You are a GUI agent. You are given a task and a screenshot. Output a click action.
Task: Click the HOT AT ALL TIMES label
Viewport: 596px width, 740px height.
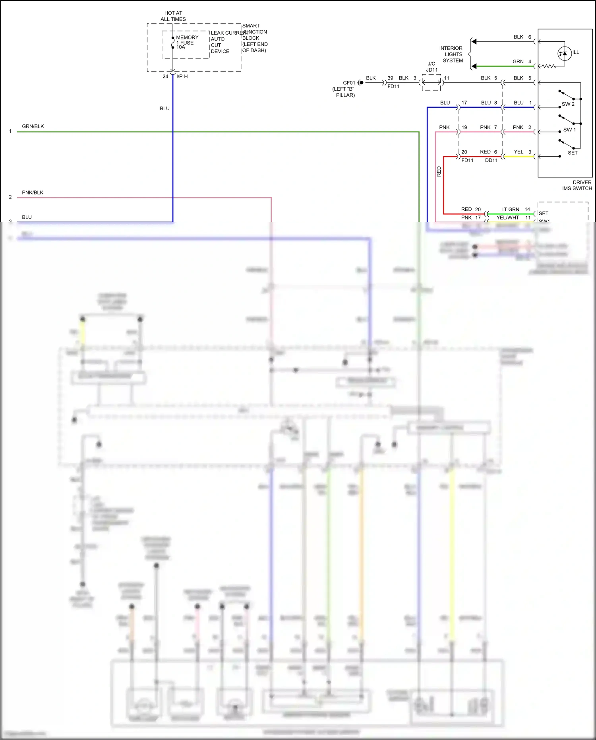(x=173, y=16)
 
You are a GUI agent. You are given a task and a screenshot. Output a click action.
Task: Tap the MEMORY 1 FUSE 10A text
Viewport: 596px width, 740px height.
(x=186, y=42)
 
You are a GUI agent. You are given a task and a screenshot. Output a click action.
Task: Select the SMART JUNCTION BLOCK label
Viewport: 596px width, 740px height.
(x=254, y=38)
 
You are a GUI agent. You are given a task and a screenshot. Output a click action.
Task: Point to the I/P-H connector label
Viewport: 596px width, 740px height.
(x=182, y=76)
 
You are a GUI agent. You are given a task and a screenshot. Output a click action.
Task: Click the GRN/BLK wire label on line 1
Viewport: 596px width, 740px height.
(x=33, y=126)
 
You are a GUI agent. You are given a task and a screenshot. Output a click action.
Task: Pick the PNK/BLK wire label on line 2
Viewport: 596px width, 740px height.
(x=33, y=192)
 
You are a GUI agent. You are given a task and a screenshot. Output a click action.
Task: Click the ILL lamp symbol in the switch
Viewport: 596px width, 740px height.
(x=564, y=53)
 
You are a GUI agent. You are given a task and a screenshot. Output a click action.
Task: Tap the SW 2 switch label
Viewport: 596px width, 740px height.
(x=568, y=104)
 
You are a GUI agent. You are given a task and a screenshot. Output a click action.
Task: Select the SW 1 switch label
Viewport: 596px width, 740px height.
(x=569, y=130)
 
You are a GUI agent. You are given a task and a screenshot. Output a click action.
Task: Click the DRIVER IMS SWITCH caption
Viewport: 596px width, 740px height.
(x=577, y=185)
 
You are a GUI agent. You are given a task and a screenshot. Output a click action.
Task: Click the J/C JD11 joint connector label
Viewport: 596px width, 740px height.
(x=432, y=67)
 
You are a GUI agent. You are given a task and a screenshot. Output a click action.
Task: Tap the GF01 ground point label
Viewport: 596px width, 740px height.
(x=349, y=83)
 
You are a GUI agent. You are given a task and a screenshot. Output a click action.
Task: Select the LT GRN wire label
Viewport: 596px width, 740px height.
(x=510, y=209)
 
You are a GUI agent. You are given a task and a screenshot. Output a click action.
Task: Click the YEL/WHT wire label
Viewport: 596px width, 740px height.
(x=507, y=218)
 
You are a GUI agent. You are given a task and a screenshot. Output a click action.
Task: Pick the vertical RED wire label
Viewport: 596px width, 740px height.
(x=439, y=171)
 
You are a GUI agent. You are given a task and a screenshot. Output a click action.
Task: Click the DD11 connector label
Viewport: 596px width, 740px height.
(x=491, y=160)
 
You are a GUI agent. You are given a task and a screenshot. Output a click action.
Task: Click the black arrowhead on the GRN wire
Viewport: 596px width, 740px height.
(x=474, y=66)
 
